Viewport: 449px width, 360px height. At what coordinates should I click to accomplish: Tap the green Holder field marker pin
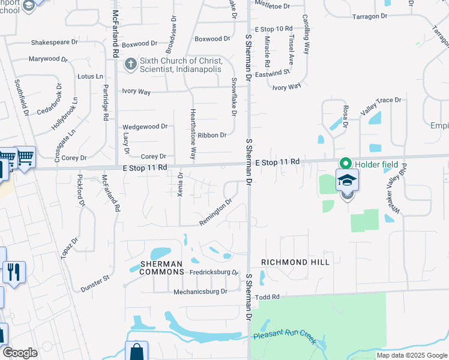(346, 163)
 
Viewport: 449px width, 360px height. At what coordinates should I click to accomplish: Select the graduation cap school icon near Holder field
(347, 180)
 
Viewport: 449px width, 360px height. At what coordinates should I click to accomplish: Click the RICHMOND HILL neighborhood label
(295, 263)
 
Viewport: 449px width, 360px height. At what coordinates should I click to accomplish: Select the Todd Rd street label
(268, 297)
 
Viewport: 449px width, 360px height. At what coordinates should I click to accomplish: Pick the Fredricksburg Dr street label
(214, 272)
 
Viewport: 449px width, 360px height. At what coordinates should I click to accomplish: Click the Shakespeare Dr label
(55, 43)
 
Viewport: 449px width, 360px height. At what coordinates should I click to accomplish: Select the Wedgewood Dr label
(145, 127)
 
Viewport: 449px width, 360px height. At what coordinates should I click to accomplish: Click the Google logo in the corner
(20, 353)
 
